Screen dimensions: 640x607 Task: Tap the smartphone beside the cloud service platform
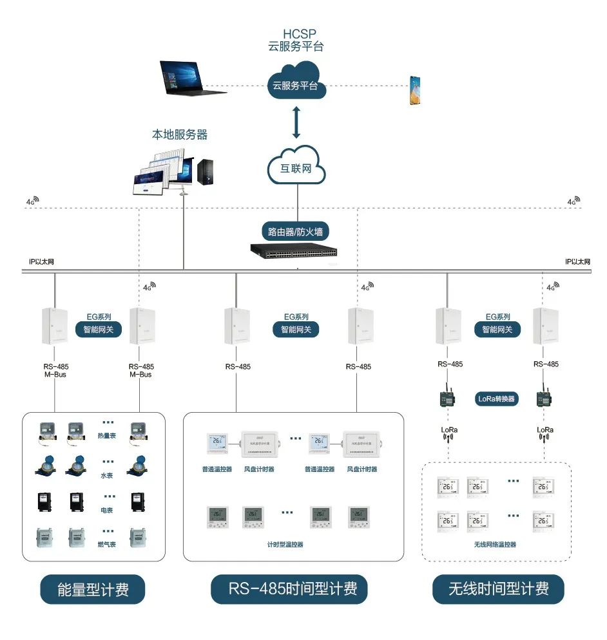pyautogui.click(x=416, y=90)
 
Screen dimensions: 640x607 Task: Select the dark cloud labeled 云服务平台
pyautogui.click(x=296, y=84)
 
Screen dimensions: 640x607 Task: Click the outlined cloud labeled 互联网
pyautogui.click(x=296, y=168)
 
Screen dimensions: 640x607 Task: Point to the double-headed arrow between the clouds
pyautogui.click(x=296, y=123)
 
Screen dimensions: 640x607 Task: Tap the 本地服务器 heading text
pyautogui.click(x=180, y=135)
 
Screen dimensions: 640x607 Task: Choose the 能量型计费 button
pyautogui.click(x=93, y=589)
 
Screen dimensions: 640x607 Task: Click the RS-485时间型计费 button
pyautogui.click(x=293, y=589)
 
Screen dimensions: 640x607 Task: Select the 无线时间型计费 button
pyautogui.click(x=498, y=589)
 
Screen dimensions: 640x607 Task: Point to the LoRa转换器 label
pyautogui.click(x=497, y=399)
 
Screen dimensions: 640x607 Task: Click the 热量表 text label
pyautogui.click(x=108, y=435)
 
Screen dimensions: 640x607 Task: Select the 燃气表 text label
pyautogui.click(x=108, y=545)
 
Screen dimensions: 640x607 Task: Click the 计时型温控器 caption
pyautogui.click(x=285, y=545)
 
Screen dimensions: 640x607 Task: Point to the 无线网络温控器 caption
pyautogui.click(x=495, y=545)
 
